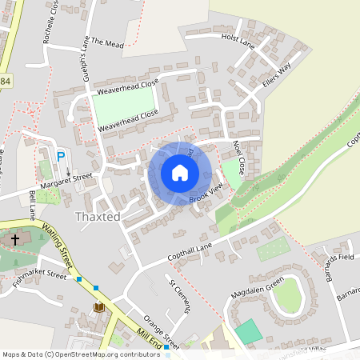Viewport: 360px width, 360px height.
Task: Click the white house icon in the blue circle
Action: point(180,173)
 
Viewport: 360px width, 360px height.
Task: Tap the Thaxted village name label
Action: point(97,217)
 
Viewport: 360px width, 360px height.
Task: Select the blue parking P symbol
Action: point(60,156)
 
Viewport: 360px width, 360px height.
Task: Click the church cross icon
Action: point(15,239)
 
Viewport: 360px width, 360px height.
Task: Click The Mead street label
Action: point(108,42)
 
